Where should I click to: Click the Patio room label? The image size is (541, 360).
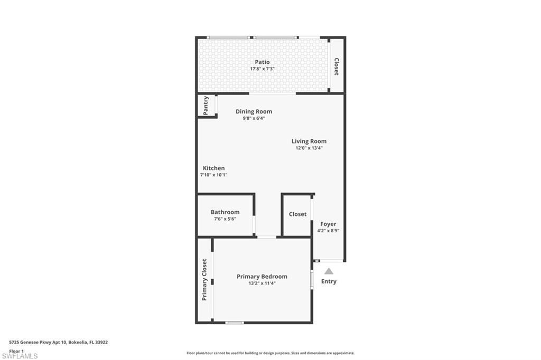262,62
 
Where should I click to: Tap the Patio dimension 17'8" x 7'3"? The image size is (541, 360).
262,69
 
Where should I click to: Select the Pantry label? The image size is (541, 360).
206,105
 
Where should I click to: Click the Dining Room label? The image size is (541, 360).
254,111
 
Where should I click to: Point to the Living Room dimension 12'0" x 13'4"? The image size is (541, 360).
309,148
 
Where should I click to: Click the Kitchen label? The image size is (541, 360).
213,168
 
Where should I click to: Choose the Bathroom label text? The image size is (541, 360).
225,212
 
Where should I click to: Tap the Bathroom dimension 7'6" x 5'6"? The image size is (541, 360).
225,219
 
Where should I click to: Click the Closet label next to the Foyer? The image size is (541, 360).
297,214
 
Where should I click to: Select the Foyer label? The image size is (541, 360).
328,224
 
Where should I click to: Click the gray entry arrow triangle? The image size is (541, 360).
329,271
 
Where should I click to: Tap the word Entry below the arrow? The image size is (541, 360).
329,281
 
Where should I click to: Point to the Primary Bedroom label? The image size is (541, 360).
262,277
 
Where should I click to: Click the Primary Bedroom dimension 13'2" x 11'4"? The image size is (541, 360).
262,283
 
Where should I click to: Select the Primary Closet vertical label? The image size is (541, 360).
204,280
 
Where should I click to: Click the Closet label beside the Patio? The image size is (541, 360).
337,67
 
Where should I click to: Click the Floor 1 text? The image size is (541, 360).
17,351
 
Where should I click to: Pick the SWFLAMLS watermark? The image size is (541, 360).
20,356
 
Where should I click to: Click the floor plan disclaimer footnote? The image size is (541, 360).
270,353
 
